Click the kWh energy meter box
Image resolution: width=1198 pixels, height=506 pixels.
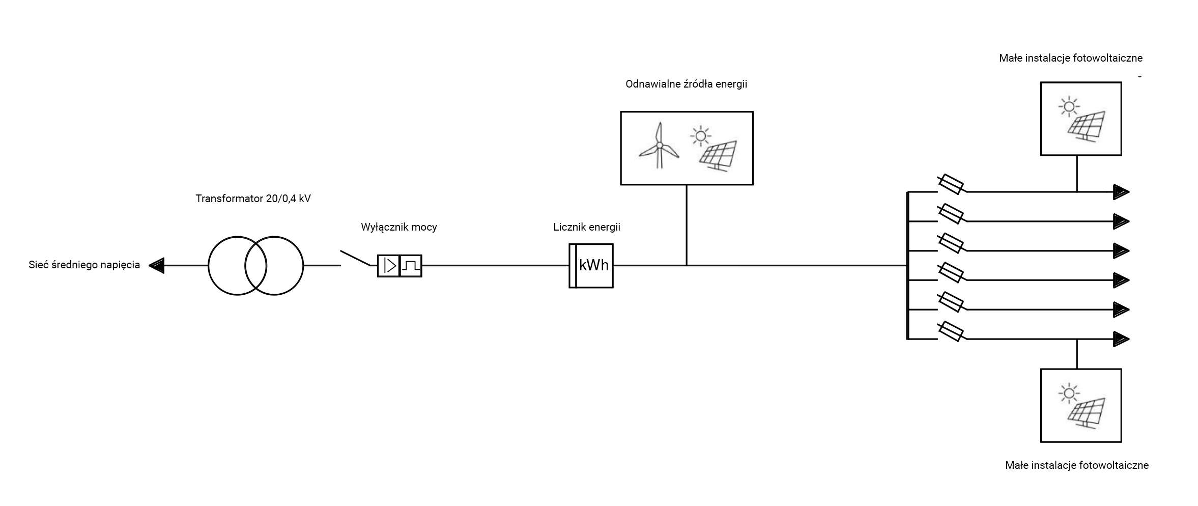(x=591, y=266)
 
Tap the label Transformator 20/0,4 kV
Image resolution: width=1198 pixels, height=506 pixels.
(x=253, y=199)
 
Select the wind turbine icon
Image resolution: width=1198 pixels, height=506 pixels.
(x=659, y=146)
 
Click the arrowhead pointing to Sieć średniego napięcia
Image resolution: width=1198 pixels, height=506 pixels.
(x=157, y=265)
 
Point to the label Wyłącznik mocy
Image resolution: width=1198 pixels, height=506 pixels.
(x=398, y=227)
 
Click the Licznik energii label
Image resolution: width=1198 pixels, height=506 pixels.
(x=586, y=227)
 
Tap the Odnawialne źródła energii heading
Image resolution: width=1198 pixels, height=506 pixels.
(x=686, y=84)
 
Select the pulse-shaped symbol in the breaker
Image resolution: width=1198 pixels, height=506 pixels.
(x=411, y=266)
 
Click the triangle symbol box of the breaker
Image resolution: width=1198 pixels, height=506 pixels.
(x=389, y=266)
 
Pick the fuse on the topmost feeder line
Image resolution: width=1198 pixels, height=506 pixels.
(x=950, y=184)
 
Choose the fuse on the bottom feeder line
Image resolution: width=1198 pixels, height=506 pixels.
(x=950, y=331)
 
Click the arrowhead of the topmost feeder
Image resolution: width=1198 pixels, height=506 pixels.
(x=1121, y=192)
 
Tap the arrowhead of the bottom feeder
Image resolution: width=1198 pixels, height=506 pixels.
(x=1121, y=339)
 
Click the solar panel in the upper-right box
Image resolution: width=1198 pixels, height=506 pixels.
(x=1086, y=126)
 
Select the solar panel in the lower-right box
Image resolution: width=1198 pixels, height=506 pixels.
(x=1086, y=413)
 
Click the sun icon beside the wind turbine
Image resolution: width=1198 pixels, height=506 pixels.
(x=701, y=136)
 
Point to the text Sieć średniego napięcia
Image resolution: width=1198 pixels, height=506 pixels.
(x=84, y=265)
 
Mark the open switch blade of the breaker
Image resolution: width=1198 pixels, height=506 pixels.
(x=355, y=258)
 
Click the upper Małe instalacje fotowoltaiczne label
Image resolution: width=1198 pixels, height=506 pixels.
(x=1071, y=58)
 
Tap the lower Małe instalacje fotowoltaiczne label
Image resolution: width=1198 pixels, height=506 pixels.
(x=1077, y=465)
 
